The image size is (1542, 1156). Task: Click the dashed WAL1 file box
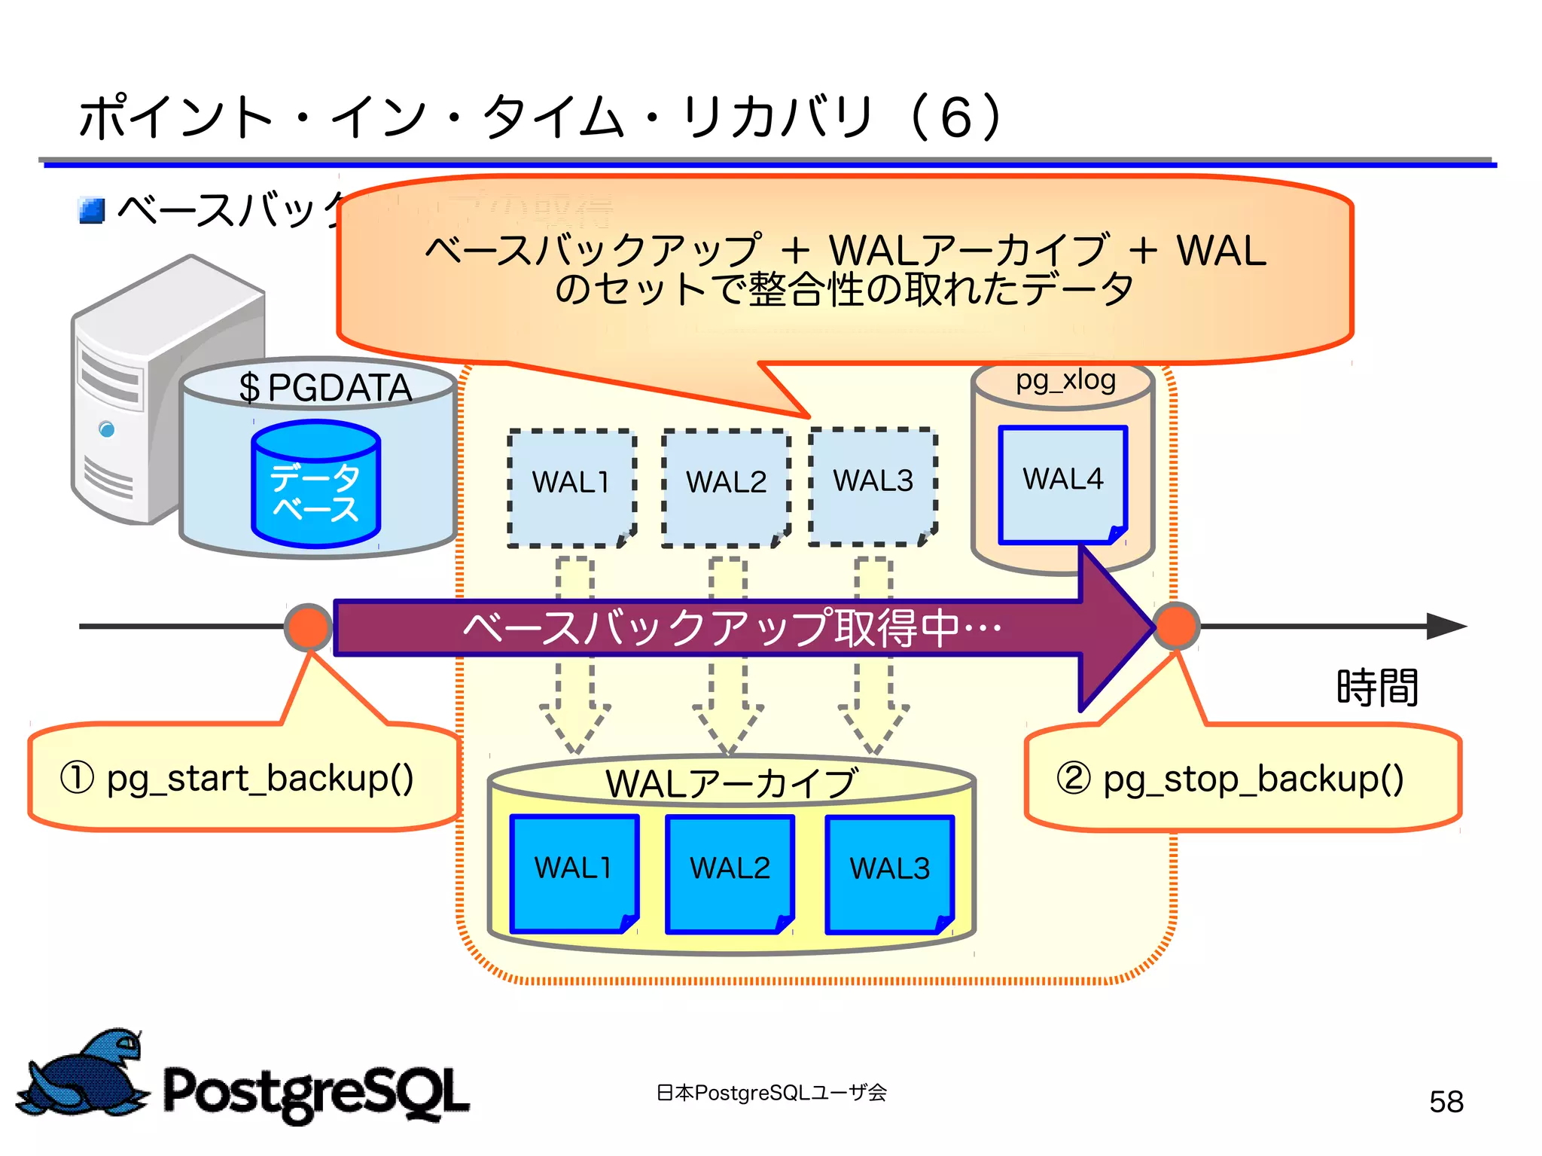tap(571, 487)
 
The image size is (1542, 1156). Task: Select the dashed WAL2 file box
tap(726, 487)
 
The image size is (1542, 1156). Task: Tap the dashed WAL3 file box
tap(873, 486)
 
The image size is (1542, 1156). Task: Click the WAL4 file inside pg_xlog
tap(1062, 483)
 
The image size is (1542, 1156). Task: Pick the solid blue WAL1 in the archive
tap(574, 872)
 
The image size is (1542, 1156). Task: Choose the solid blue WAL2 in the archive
tap(730, 873)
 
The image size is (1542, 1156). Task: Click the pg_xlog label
tap(1065, 380)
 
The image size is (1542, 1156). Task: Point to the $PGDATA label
tap(325, 389)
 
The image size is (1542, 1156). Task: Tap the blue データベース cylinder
tap(315, 484)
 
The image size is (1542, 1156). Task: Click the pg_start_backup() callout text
tap(238, 779)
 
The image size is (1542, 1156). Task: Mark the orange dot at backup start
tap(308, 627)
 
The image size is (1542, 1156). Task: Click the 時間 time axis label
tap(1377, 687)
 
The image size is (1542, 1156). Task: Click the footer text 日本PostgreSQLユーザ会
tap(771, 1093)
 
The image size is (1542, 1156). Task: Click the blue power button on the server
tap(107, 429)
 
